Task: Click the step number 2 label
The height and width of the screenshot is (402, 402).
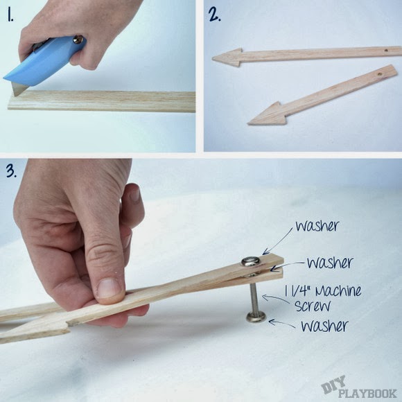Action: pyautogui.click(x=214, y=15)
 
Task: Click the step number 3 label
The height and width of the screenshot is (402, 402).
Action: pyautogui.click(x=11, y=171)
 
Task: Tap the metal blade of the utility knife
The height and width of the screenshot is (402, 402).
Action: pyautogui.click(x=19, y=89)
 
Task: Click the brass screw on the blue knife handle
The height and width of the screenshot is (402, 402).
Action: pyautogui.click(x=78, y=40)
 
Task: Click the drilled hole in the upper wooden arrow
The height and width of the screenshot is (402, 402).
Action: pyautogui.click(x=386, y=51)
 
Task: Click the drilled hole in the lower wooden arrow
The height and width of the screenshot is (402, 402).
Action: pyautogui.click(x=379, y=74)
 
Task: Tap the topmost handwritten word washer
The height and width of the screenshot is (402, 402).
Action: pyautogui.click(x=317, y=226)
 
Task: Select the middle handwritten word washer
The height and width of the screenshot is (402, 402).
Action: pyautogui.click(x=330, y=263)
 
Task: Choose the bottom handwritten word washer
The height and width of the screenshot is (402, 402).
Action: pyautogui.click(x=324, y=326)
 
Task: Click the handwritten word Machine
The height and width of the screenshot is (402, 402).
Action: pyautogui.click(x=338, y=291)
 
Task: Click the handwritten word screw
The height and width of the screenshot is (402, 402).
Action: pyautogui.click(x=313, y=306)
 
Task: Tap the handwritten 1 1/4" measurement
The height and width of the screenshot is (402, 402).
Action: pyautogui.click(x=299, y=290)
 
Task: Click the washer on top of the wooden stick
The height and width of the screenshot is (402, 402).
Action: pyautogui.click(x=250, y=261)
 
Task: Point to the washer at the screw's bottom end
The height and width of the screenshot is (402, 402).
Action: pyautogui.click(x=256, y=317)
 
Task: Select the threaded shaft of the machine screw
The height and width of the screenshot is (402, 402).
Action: pyautogui.click(x=255, y=297)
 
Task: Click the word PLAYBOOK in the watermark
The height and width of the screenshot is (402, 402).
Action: pyautogui.click(x=367, y=393)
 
